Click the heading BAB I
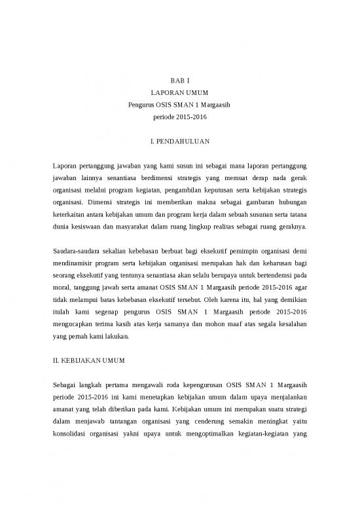(179, 80)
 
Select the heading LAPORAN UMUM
(179, 93)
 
